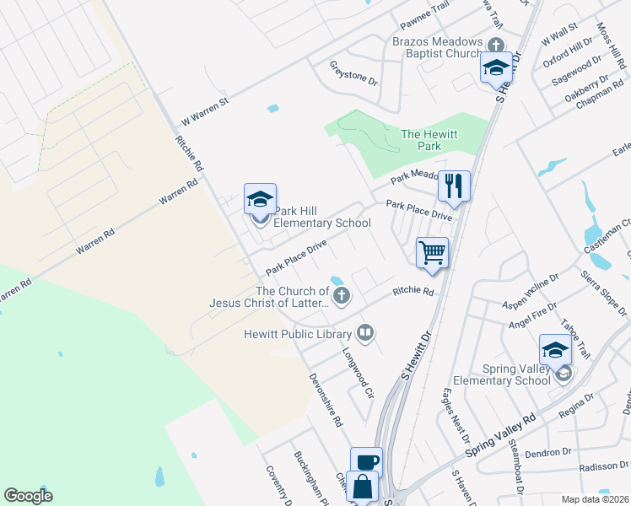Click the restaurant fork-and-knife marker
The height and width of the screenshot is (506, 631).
pyautogui.click(x=454, y=186)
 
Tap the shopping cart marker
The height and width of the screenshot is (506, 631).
pyautogui.click(x=432, y=251)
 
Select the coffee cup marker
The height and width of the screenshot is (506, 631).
pyautogui.click(x=366, y=462)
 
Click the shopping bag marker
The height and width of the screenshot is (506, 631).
pyautogui.click(x=363, y=487)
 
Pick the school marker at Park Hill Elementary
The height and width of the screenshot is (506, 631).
pyautogui.click(x=260, y=200)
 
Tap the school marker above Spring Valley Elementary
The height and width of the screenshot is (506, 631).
pyautogui.click(x=556, y=349)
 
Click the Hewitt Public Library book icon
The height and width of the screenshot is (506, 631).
pyautogui.click(x=364, y=332)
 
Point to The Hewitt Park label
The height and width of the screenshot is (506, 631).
pyautogui.click(x=421, y=140)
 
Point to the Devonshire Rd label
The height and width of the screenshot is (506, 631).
pyautogui.click(x=325, y=399)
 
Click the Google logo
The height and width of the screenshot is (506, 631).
pyautogui.click(x=28, y=495)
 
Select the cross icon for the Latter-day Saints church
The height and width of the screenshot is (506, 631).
pyautogui.click(x=341, y=295)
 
